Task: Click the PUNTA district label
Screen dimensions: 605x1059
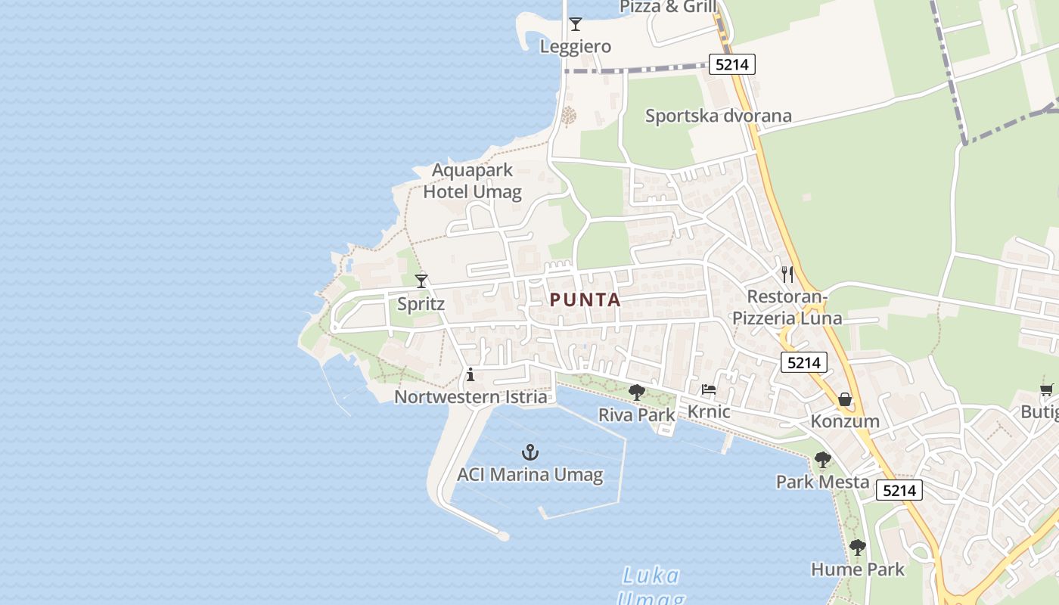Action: pos(585,300)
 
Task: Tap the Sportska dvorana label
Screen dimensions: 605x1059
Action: pos(718,116)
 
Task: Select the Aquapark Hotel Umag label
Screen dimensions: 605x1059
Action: pos(472,181)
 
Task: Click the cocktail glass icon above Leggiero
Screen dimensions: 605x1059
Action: pos(576,24)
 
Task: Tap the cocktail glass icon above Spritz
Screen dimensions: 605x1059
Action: pos(421,281)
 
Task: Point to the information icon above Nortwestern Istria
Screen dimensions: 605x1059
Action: pos(470,374)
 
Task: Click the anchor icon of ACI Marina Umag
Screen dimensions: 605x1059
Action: pos(530,453)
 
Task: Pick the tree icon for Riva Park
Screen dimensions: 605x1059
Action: pos(637,392)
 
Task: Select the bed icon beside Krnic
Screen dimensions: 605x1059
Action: pos(709,389)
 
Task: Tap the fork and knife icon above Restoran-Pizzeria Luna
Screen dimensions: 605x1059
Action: pos(787,274)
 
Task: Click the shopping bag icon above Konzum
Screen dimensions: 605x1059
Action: pos(845,399)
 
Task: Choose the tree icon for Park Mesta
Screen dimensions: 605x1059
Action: pos(822,459)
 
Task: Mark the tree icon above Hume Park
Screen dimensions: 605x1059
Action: pos(857,548)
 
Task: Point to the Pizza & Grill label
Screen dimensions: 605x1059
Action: pos(668,7)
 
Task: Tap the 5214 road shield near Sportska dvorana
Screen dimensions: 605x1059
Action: pos(731,64)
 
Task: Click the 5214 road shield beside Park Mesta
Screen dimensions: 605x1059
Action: pos(899,490)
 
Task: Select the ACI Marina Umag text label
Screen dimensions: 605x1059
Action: pos(529,475)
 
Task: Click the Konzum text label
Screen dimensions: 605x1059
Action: pos(845,421)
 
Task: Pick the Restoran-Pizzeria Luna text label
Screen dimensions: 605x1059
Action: pos(787,307)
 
